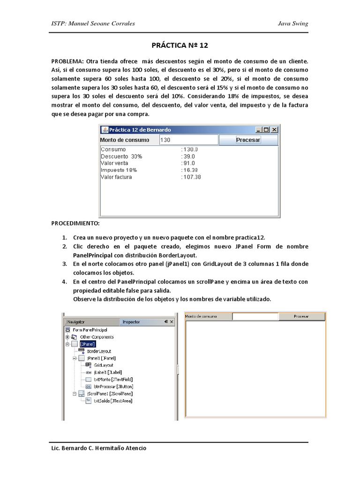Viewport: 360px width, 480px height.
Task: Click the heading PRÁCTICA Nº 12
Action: click(180, 46)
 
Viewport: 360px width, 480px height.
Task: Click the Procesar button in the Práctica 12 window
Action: click(248, 140)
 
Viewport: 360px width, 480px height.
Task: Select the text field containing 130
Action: click(188, 140)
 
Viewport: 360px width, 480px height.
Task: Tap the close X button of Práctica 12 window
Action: click(274, 130)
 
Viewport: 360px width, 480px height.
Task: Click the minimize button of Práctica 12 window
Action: click(258, 130)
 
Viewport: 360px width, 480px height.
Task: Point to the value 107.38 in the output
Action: click(191, 177)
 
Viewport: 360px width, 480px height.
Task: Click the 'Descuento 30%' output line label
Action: click(121, 156)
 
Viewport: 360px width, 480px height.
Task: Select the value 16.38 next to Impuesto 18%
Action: click(190, 170)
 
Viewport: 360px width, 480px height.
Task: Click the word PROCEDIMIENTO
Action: click(75, 224)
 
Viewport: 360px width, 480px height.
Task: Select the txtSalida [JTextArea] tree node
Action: click(112, 401)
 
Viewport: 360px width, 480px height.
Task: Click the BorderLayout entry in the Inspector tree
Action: click(98, 351)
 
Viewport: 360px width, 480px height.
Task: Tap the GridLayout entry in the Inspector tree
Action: click(103, 365)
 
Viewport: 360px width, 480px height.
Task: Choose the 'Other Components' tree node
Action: click(97, 337)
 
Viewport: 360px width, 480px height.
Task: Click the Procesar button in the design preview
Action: click(301, 316)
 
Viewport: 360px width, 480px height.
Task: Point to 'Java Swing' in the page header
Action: click(293, 24)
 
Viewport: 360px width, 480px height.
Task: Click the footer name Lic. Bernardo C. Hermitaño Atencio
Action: click(98, 448)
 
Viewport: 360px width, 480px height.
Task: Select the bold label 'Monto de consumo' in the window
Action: click(125, 140)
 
